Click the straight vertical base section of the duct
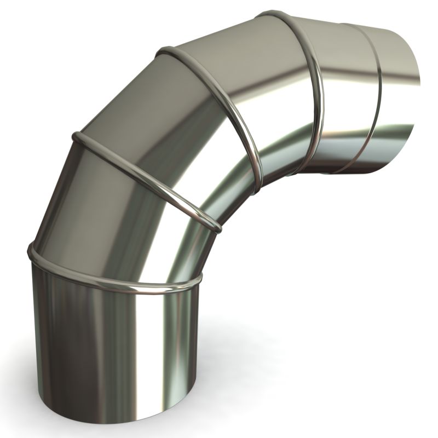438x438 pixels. tap(109, 345)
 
